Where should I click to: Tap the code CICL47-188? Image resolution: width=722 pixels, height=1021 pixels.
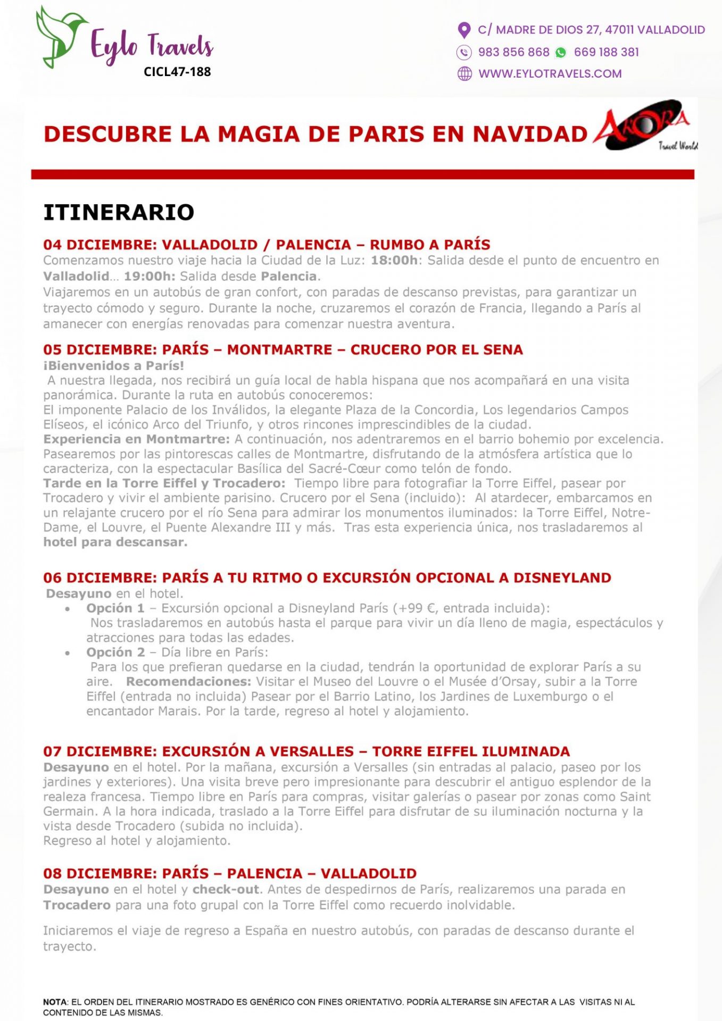click(177, 72)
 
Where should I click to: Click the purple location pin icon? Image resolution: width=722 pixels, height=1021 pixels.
click(464, 30)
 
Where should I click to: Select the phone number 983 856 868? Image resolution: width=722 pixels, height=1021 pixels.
click(513, 52)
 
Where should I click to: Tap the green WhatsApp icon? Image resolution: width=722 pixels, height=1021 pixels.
click(561, 52)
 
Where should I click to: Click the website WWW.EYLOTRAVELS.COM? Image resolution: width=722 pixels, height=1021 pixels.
click(550, 74)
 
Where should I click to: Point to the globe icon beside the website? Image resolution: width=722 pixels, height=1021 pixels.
click(464, 74)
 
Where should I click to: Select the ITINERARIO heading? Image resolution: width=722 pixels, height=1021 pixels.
click(119, 212)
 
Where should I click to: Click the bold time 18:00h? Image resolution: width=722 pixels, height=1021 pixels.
click(394, 261)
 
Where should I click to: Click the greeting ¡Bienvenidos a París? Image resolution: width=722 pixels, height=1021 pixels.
click(114, 366)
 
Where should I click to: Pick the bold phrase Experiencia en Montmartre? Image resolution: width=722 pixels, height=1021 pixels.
click(137, 439)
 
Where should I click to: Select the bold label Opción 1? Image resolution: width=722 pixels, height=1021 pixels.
click(115, 608)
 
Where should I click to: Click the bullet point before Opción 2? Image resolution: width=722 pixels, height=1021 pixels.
click(68, 653)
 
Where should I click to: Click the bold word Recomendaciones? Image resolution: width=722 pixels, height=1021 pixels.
click(188, 682)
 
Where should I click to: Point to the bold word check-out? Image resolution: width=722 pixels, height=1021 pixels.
click(226, 890)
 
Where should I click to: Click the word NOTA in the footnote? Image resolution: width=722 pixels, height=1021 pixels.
click(55, 1002)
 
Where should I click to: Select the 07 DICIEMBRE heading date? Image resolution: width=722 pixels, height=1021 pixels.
click(99, 751)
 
